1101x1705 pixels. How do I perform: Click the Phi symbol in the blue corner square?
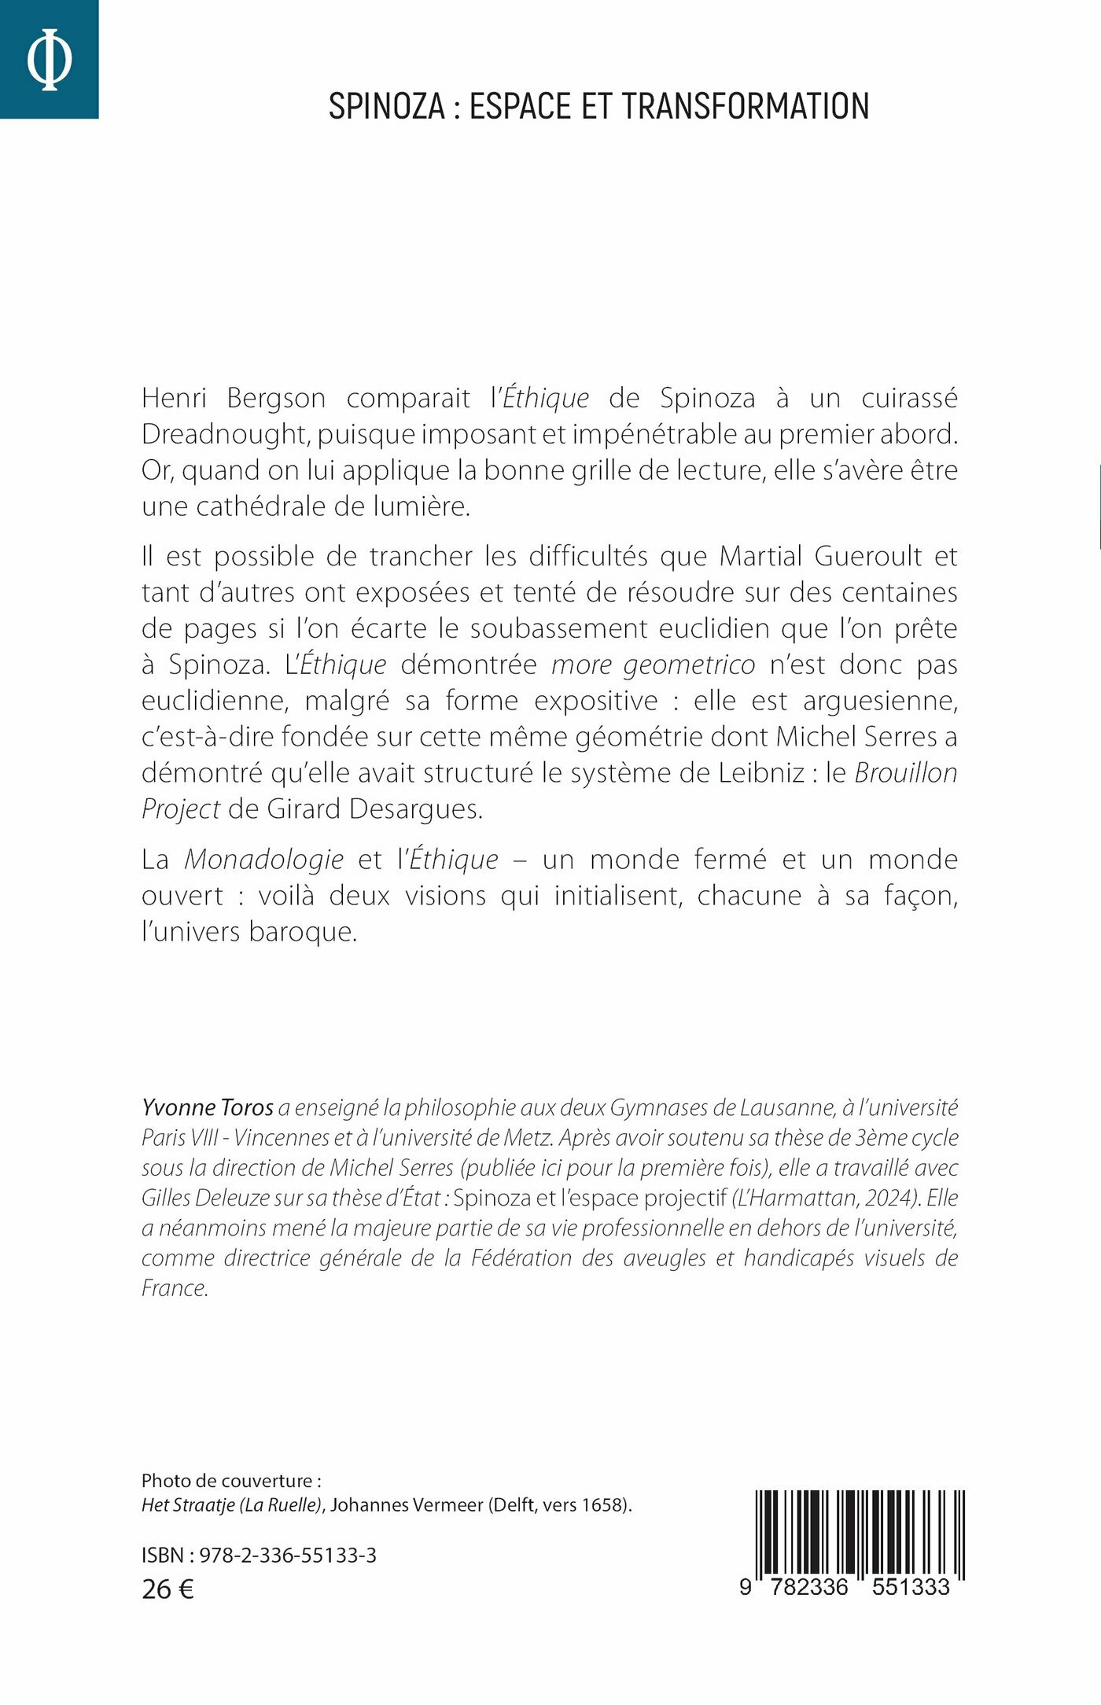click(x=49, y=59)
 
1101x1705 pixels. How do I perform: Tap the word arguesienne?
click(x=880, y=701)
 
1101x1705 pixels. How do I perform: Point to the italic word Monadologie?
click(x=263, y=860)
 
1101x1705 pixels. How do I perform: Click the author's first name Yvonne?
click(x=174, y=1108)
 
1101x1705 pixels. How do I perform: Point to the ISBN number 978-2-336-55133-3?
click(x=287, y=1556)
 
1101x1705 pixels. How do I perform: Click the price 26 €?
click(x=168, y=1589)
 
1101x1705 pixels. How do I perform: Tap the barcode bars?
click(x=859, y=1533)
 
